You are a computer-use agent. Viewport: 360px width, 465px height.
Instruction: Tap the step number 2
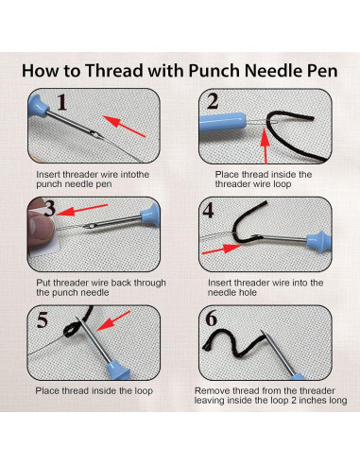(213, 102)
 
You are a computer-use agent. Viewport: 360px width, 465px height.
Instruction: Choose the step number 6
(213, 320)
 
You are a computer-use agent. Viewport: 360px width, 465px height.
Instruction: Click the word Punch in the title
(227, 70)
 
